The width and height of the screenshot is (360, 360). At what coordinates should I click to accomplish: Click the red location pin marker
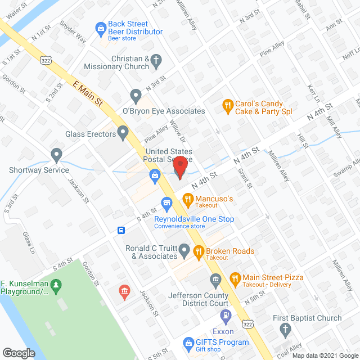[x=179, y=167]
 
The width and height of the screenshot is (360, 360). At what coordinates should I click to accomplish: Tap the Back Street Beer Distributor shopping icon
[x=101, y=28]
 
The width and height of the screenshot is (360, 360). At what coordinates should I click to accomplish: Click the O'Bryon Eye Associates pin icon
[x=136, y=94]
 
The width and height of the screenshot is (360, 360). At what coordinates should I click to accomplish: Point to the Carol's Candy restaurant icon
[x=227, y=104]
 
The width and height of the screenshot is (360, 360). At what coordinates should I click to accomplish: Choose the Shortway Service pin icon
[x=56, y=154]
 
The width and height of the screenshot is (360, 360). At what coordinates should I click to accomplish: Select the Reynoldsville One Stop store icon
[x=166, y=202]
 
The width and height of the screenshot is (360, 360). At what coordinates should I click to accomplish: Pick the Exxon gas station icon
[x=226, y=316]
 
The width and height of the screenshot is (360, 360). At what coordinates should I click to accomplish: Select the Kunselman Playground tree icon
[x=55, y=287]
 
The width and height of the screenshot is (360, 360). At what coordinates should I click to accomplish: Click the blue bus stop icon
[x=120, y=230]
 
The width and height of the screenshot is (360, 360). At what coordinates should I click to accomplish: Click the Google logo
[x=19, y=353]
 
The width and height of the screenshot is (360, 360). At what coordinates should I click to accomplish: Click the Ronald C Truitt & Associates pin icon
[x=184, y=249]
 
